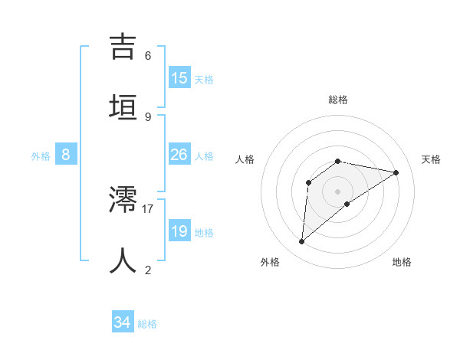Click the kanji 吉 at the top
(x=123, y=46)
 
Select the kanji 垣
(x=123, y=106)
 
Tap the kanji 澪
(x=123, y=201)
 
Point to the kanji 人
(x=123, y=260)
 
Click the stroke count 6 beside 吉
(x=148, y=56)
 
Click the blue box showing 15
(x=179, y=77)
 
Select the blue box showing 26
(x=179, y=155)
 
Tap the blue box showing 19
(x=179, y=231)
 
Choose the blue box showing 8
(x=66, y=155)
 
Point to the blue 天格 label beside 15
(x=204, y=79)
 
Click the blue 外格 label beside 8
(x=41, y=156)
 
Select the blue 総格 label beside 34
(x=147, y=324)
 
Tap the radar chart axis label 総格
(x=338, y=100)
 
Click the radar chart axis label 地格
(x=402, y=262)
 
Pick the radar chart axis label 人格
(x=245, y=159)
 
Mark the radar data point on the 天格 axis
(x=396, y=172)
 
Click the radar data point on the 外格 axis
(x=302, y=242)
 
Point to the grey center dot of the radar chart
(x=338, y=191)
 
